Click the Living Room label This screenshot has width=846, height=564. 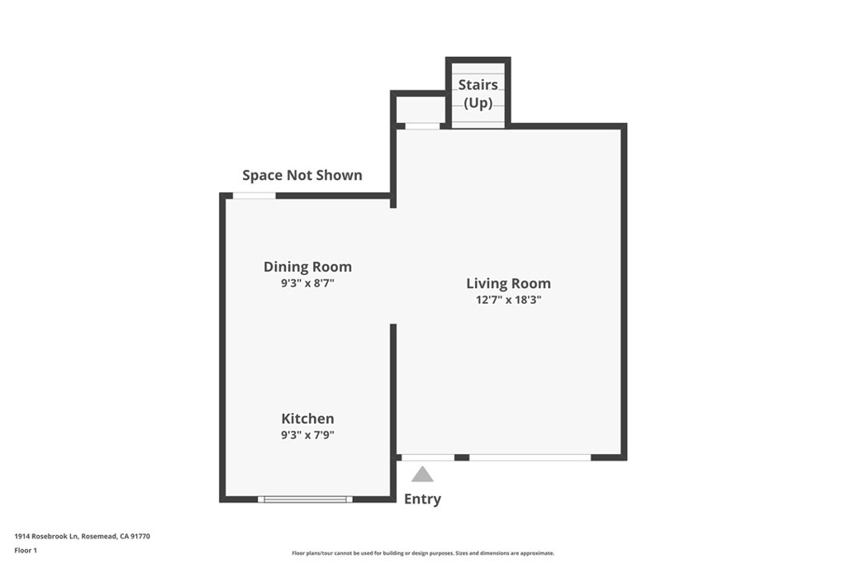tap(508, 283)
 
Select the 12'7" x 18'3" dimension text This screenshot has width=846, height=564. tap(508, 300)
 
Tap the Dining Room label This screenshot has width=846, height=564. tap(307, 267)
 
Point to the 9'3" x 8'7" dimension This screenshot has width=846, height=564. tap(307, 282)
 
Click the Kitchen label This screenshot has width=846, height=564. tap(307, 419)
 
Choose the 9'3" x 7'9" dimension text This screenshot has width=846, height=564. tap(307, 434)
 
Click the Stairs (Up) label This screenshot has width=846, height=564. tap(478, 93)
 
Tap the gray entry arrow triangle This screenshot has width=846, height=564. tap(422, 474)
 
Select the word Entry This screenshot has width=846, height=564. tap(422, 499)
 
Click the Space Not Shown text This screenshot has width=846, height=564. tap(302, 175)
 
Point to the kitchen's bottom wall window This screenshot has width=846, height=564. tap(305, 499)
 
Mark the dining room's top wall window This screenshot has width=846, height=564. tap(254, 196)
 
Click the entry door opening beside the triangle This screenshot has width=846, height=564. tap(427, 457)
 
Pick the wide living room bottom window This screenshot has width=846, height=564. tap(530, 457)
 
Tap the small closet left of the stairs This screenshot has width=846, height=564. tap(421, 108)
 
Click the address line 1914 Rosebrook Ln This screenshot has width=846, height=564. tap(82, 536)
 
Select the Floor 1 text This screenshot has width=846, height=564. tap(26, 550)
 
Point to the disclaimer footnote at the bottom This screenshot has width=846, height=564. tap(422, 553)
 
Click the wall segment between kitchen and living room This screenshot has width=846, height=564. tap(393, 388)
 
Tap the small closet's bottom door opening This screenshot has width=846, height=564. tap(422, 126)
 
